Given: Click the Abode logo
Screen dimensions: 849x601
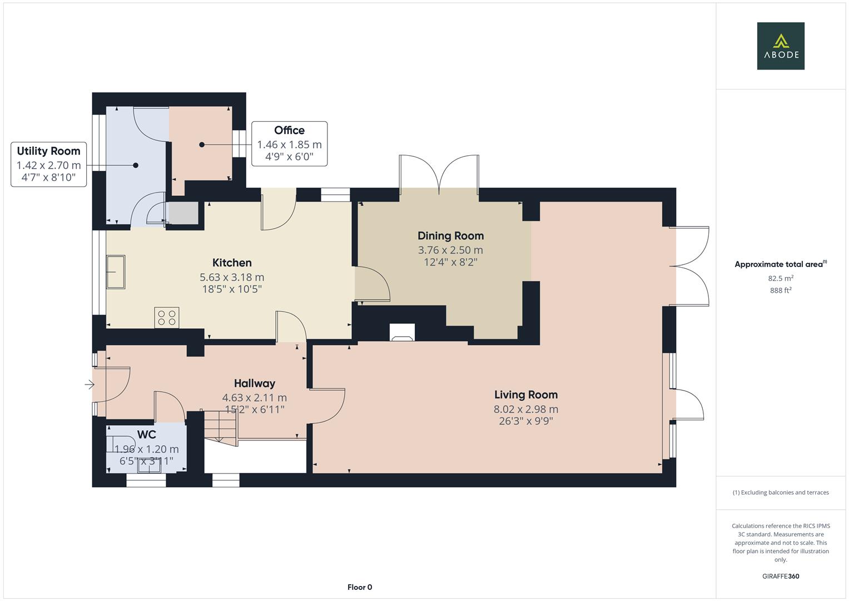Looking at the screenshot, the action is click(x=781, y=46).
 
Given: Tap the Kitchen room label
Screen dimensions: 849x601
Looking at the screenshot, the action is click(x=232, y=263).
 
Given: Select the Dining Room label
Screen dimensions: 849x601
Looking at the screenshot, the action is click(x=451, y=236).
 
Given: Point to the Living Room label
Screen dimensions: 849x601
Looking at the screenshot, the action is click(x=526, y=395).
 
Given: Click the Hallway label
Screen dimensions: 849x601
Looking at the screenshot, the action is click(x=254, y=383).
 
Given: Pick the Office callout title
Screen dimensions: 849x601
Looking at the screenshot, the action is click(x=289, y=130).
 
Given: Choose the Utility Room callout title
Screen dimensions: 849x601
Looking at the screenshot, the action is click(x=48, y=151).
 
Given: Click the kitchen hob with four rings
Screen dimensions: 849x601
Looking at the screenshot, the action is click(x=167, y=318).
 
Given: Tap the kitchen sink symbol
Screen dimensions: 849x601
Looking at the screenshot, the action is click(x=116, y=272).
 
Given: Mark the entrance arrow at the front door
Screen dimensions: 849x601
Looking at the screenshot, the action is click(x=90, y=385).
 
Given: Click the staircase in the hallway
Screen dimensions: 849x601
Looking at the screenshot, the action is click(x=221, y=427).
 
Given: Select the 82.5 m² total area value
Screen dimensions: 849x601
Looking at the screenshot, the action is click(x=781, y=278).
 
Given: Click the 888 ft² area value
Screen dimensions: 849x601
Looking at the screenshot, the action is click(x=781, y=290).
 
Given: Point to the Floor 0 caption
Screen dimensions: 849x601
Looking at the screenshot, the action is click(x=360, y=587).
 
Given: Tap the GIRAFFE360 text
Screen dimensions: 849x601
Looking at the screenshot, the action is click(x=781, y=577).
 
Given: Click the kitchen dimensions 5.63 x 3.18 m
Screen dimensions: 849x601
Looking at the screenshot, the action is click(x=232, y=277).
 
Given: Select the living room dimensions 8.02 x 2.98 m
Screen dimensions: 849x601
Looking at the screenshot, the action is click(x=526, y=410).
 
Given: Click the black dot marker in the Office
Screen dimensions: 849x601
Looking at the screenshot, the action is click(x=202, y=145).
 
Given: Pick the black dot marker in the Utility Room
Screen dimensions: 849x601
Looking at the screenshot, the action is click(x=135, y=165).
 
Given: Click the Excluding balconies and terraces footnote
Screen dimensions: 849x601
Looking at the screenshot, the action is click(x=781, y=492).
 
